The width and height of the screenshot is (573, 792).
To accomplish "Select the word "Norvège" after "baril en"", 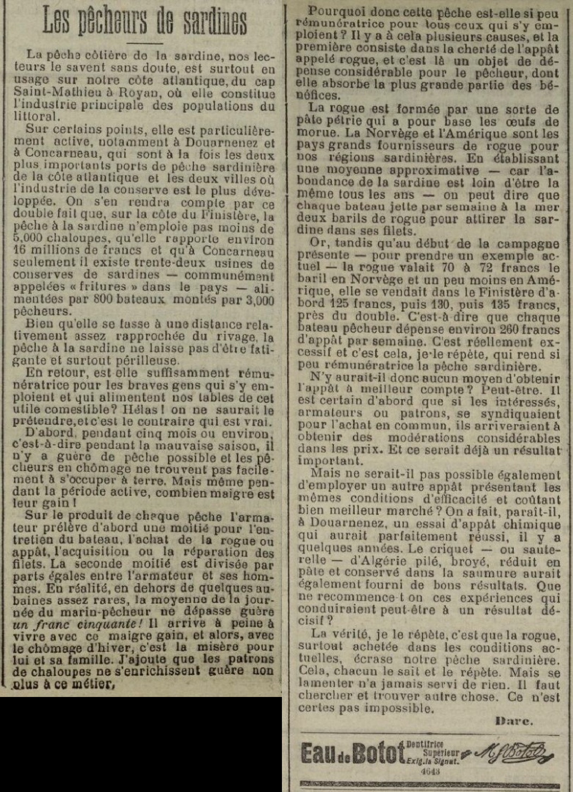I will (356, 281).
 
